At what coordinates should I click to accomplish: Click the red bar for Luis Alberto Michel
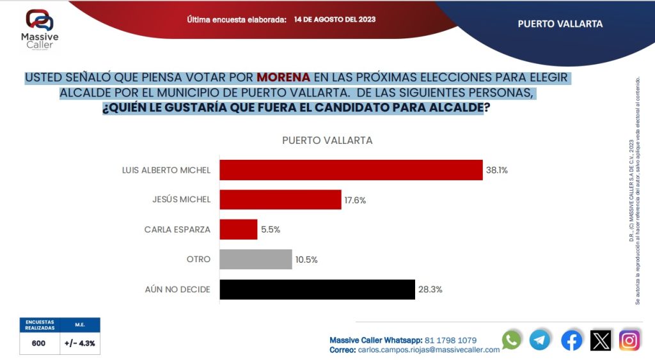(x=351, y=170)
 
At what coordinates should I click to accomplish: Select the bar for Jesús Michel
(x=280, y=200)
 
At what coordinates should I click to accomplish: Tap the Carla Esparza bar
(x=238, y=229)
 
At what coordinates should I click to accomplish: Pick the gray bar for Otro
(x=256, y=259)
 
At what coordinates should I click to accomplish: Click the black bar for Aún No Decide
(x=317, y=289)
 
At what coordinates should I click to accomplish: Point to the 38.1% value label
(x=497, y=170)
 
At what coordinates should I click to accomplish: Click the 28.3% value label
(x=430, y=289)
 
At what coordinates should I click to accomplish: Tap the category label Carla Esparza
(x=177, y=229)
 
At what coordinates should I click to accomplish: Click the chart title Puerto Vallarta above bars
(x=327, y=140)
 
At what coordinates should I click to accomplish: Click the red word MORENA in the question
(x=283, y=77)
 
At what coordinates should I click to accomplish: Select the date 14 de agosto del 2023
(x=335, y=19)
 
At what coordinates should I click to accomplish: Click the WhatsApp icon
(x=512, y=340)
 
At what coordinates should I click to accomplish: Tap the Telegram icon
(x=540, y=340)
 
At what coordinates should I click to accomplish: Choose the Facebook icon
(x=571, y=340)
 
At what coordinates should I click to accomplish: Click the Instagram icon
(x=629, y=340)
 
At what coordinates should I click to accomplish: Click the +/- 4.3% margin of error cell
(x=80, y=343)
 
